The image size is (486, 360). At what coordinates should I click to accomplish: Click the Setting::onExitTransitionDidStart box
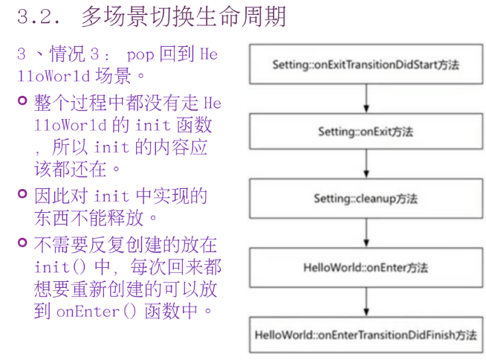(365, 65)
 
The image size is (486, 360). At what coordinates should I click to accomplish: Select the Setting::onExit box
(365, 132)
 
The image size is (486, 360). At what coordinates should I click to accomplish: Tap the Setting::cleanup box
(365, 199)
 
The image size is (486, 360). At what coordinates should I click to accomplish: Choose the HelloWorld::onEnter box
(365, 266)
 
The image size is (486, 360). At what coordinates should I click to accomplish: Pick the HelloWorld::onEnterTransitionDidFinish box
(365, 334)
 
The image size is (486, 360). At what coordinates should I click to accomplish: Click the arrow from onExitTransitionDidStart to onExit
(365, 98)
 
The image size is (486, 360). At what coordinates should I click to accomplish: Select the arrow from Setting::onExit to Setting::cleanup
(365, 165)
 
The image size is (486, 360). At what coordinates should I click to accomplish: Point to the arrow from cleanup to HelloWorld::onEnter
(365, 232)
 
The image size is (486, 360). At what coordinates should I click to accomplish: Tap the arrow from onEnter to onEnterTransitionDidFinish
(365, 300)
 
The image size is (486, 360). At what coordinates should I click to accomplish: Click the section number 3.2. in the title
(38, 16)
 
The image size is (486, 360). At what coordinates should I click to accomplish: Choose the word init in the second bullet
(114, 196)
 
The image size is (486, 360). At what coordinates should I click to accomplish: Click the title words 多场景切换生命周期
(183, 16)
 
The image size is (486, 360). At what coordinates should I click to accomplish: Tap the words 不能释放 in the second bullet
(115, 219)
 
